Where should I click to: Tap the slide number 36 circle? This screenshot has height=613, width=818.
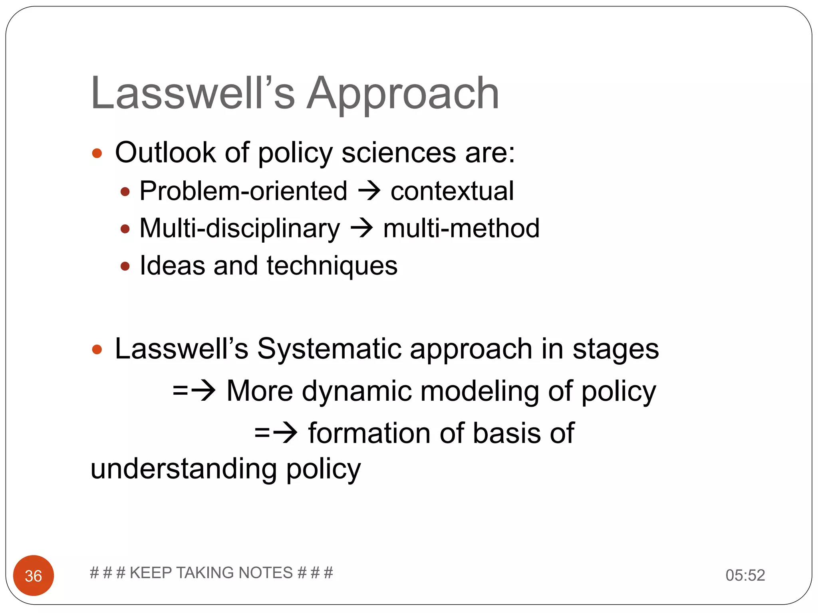[34, 575]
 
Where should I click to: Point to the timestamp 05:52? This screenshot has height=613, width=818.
[745, 575]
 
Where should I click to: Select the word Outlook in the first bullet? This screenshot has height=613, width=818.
[165, 152]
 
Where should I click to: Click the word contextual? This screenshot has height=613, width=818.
[452, 191]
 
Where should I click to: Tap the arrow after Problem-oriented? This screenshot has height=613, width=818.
[369, 191]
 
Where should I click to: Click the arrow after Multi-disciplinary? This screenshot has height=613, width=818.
[361, 228]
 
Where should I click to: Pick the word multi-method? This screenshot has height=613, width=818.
[461, 228]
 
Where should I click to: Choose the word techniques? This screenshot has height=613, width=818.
[332, 266]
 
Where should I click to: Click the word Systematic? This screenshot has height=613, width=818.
[329, 349]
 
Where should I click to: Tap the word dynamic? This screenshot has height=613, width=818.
[357, 391]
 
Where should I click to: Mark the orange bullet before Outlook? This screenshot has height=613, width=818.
[97, 153]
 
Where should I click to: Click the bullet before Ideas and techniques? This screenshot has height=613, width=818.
[125, 266]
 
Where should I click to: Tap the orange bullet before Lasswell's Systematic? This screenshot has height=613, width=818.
[97, 350]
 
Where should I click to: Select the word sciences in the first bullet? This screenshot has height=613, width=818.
[399, 152]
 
